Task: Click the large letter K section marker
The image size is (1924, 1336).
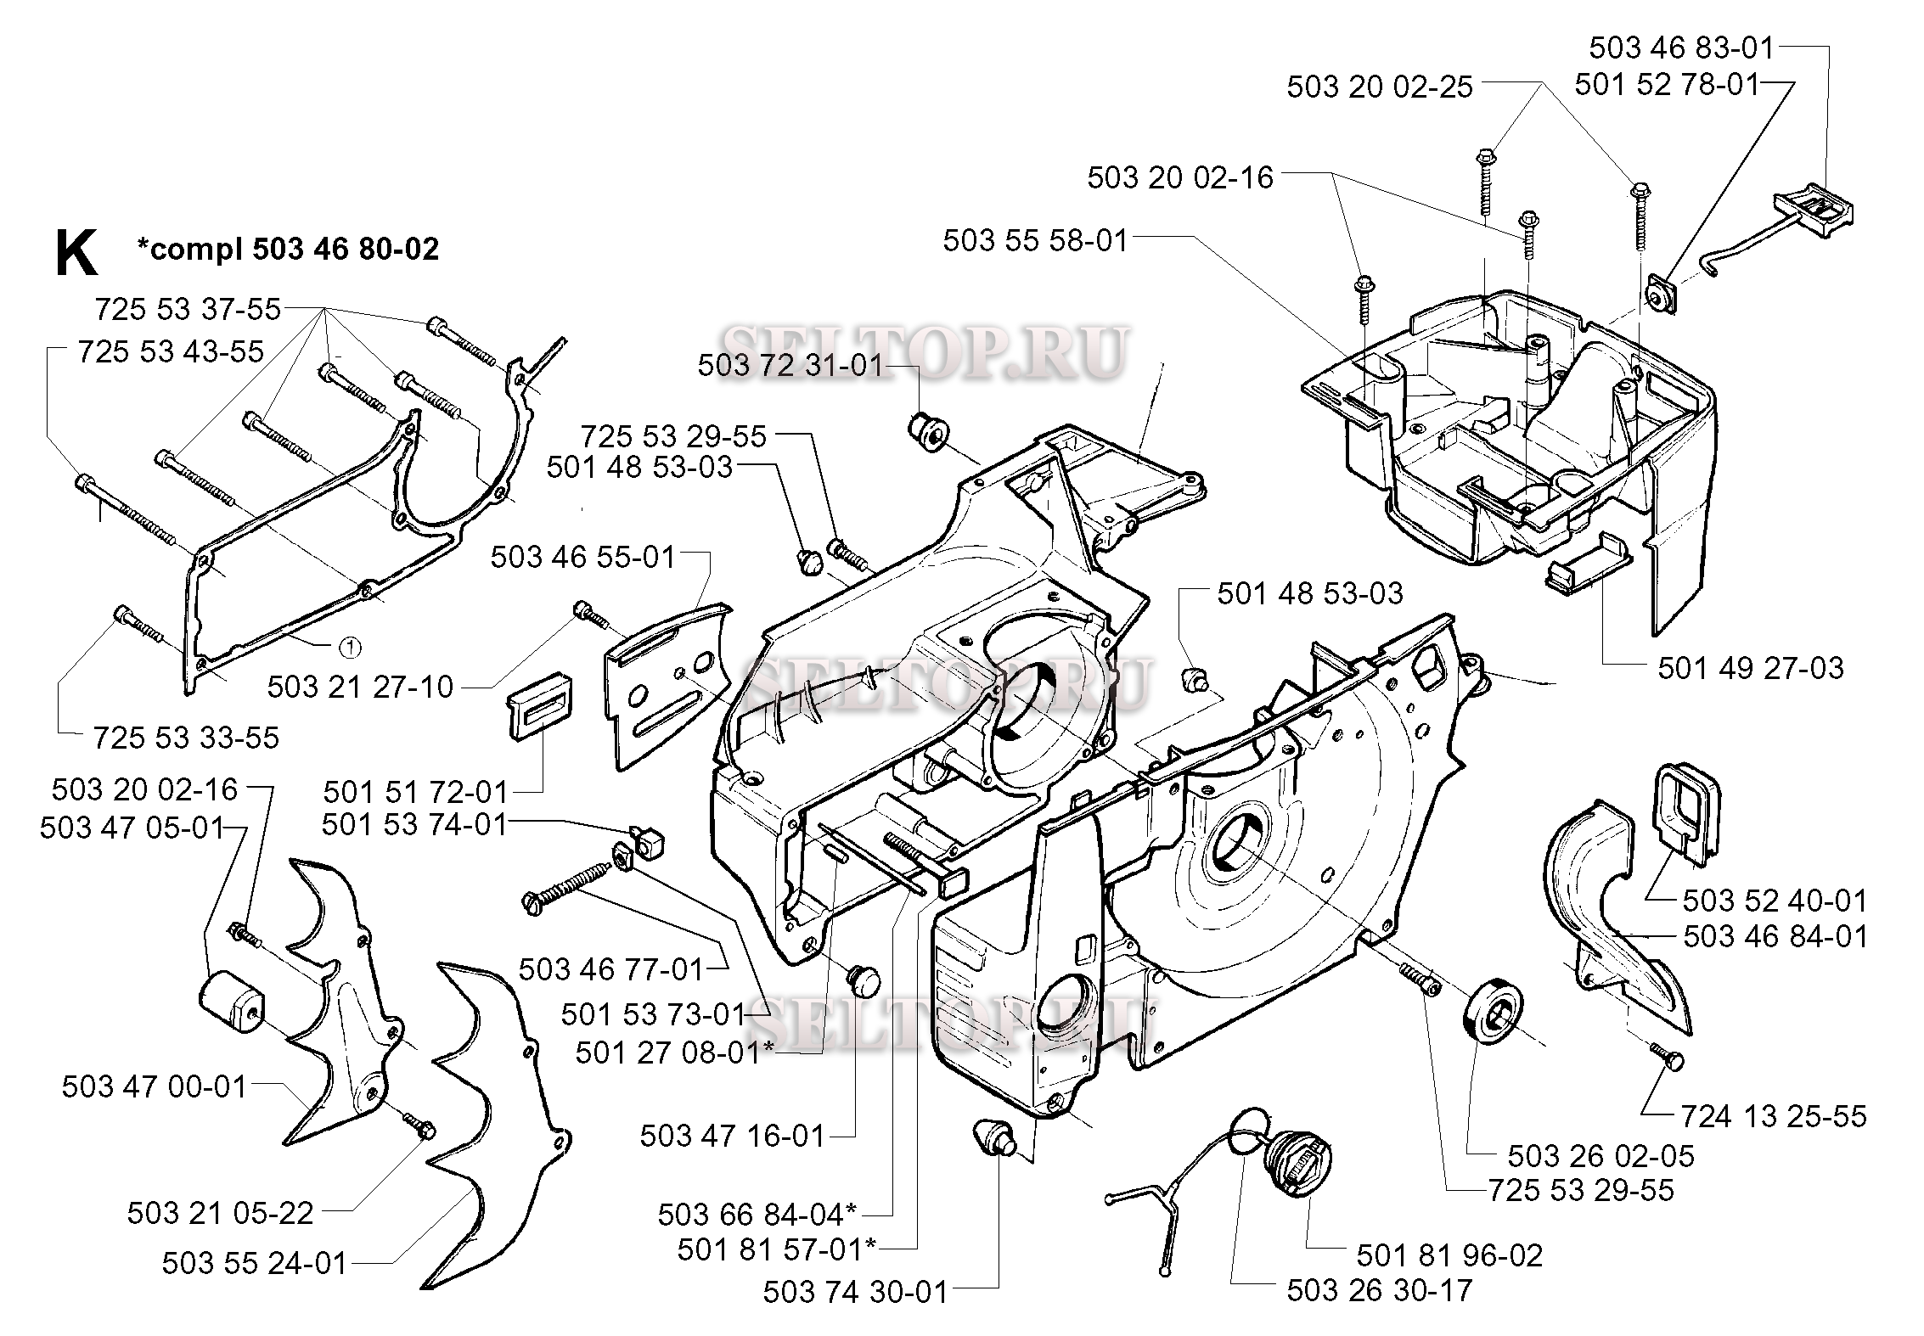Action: click(x=76, y=254)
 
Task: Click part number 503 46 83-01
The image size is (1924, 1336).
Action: click(x=1682, y=48)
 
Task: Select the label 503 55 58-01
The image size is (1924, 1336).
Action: click(x=1035, y=241)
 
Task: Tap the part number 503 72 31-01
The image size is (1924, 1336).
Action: click(x=790, y=366)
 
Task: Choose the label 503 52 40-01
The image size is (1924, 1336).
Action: click(x=1775, y=900)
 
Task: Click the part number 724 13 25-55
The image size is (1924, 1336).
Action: click(x=1774, y=1116)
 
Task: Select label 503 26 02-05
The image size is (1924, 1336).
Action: click(x=1601, y=1156)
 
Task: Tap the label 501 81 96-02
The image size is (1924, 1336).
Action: click(x=1449, y=1255)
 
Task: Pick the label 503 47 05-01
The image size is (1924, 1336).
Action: click(x=132, y=828)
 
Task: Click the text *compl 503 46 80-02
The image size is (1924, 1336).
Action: click(x=289, y=249)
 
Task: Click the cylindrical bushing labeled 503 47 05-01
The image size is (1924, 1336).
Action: click(x=232, y=1002)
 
